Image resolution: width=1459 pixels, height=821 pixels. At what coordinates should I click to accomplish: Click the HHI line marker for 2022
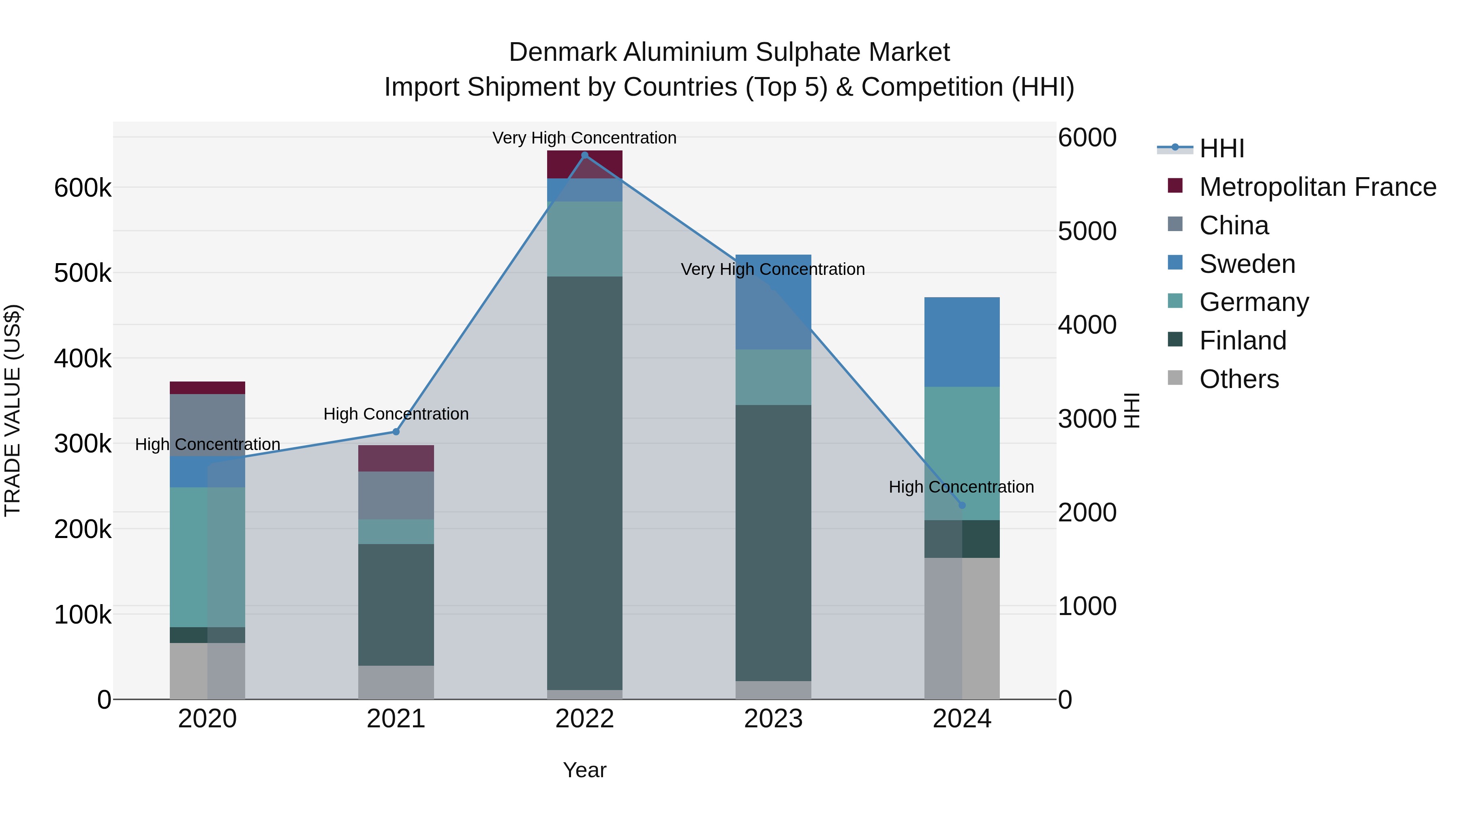point(584,155)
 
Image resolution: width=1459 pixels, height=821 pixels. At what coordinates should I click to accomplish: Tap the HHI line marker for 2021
point(396,432)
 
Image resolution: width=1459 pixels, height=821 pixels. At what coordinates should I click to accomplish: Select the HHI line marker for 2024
point(962,505)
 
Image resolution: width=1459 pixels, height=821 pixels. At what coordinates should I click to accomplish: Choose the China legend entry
point(1234,225)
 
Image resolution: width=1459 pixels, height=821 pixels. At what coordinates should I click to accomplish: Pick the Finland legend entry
point(1243,341)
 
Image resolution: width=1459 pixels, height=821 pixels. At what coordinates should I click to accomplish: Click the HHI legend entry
point(1221,148)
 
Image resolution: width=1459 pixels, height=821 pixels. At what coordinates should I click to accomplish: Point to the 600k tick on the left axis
point(83,188)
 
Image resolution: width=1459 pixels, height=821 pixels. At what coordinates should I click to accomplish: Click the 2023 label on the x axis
point(773,719)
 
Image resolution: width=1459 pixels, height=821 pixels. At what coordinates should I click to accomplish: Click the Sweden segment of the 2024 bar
point(962,342)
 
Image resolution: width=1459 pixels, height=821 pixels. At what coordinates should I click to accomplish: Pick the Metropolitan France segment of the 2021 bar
point(396,459)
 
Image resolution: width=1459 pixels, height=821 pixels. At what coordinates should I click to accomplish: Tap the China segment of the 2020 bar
point(207,425)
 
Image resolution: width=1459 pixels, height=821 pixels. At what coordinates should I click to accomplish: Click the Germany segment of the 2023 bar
point(773,377)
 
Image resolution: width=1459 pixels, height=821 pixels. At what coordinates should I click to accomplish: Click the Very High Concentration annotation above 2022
point(584,138)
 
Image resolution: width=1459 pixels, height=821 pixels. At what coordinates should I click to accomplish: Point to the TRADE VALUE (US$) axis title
point(13,410)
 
